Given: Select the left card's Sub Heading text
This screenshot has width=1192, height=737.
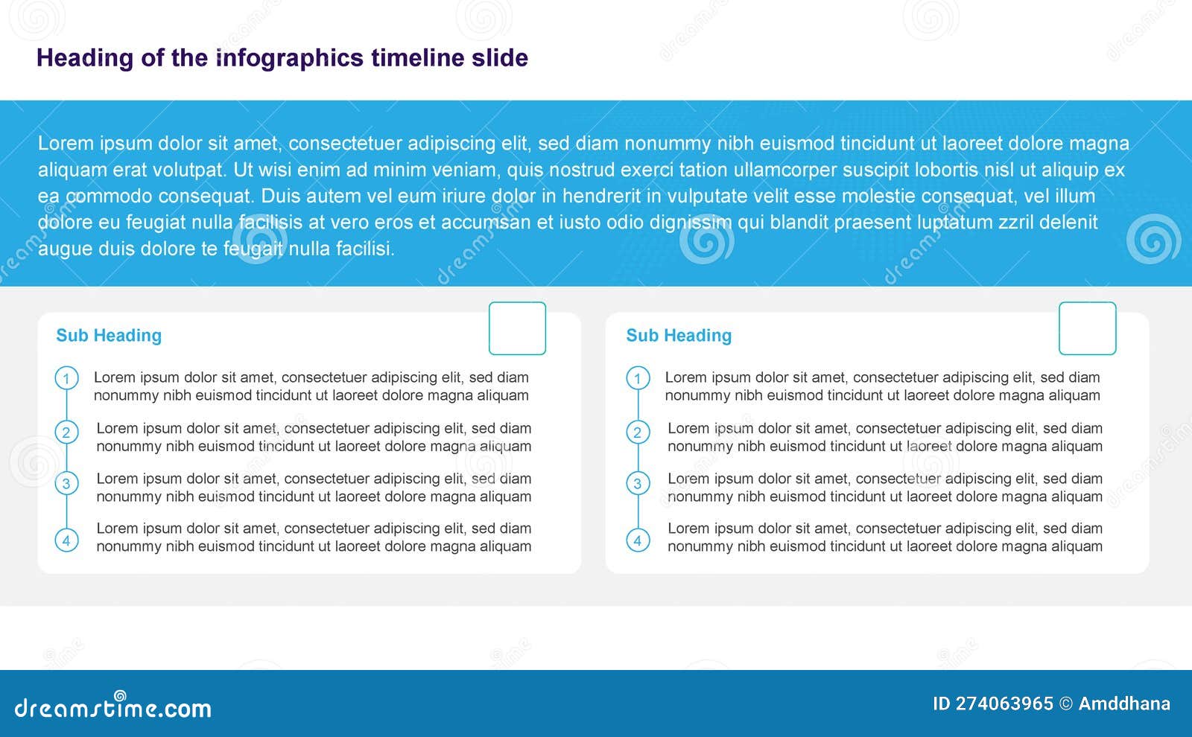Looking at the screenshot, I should coord(109,336).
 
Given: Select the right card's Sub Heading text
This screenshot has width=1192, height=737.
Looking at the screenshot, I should coord(679,336).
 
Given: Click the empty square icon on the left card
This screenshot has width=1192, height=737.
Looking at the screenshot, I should coord(517,328).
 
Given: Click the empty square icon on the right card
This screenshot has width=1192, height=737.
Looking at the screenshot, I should coord(1087,328).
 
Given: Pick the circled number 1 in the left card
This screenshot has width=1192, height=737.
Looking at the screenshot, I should coord(66,379).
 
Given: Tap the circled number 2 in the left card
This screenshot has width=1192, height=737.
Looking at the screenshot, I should coord(66,433).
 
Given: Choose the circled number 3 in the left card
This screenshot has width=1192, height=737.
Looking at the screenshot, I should coord(66,484).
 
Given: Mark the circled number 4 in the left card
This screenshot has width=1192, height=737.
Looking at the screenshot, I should coord(66,540).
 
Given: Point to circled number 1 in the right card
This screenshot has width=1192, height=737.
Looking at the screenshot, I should coord(638,379).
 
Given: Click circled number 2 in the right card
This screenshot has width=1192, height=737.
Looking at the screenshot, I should coord(638,433).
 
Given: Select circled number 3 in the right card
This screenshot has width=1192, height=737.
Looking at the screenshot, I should coord(638,484).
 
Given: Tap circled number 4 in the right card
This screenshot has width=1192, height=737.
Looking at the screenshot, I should coord(638,540).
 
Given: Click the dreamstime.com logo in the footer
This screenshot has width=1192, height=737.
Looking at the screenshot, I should coord(112,706).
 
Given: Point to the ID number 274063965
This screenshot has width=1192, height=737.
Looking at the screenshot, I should coord(1004,703).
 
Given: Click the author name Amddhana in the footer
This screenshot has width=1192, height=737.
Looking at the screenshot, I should coord(1124,703).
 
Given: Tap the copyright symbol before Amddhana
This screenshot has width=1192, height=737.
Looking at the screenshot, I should coord(1066,703).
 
